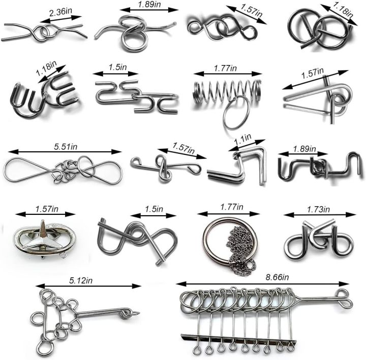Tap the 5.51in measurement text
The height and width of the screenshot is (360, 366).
pyautogui.click(x=66, y=147)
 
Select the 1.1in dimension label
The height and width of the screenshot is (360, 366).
pyautogui.click(x=243, y=139)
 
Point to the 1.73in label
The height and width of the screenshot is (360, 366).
pyautogui.click(x=318, y=210)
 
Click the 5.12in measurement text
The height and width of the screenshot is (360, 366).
pyautogui.click(x=81, y=280)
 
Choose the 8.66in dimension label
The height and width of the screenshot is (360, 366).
pyautogui.click(x=277, y=277)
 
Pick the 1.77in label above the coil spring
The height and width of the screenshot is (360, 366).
pyautogui.click(x=225, y=69)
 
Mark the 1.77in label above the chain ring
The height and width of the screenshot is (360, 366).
pyautogui.click(x=232, y=207)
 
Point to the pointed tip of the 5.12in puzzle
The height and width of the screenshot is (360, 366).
pyautogui.click(x=139, y=313)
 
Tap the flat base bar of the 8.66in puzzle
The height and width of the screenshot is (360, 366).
pyautogui.click(x=238, y=340)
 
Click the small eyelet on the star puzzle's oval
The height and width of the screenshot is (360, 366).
pyautogui.click(x=63, y=255)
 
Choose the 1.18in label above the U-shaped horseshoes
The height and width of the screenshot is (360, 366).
pyautogui.click(x=46, y=68)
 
